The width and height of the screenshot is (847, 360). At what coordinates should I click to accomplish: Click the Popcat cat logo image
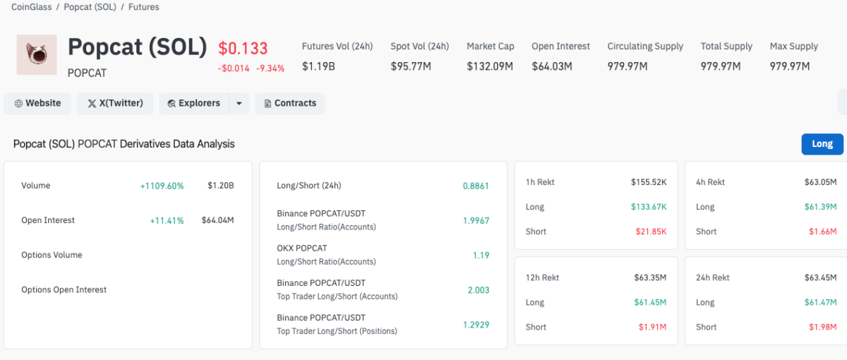point(36,54)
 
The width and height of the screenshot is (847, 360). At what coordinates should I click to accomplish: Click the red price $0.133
point(243,48)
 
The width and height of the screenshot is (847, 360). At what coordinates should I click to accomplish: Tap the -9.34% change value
point(270,68)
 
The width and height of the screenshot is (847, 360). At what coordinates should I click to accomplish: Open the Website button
point(37,103)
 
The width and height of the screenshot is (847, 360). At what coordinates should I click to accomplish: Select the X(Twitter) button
point(115,103)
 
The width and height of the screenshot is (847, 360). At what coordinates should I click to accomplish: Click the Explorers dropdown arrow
point(239,103)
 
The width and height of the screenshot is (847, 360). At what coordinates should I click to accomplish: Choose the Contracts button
point(289,103)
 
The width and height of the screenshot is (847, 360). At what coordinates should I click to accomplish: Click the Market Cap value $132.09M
point(490,66)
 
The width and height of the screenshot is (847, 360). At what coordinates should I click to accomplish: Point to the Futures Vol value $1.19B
point(318,66)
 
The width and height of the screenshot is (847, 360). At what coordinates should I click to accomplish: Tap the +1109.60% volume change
point(162,186)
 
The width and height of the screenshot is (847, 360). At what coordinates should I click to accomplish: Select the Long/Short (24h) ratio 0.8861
point(476,186)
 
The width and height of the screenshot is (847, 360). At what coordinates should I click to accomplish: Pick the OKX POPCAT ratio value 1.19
point(481,255)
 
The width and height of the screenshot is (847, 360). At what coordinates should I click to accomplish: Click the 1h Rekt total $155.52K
point(649,182)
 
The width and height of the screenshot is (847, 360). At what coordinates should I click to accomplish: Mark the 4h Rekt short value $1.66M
point(822,232)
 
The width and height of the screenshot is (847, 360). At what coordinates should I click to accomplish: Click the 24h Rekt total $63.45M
point(820,277)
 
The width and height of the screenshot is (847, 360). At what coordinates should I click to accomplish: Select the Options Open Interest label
point(64,289)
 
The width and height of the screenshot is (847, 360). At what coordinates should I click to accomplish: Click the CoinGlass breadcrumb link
point(32,7)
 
